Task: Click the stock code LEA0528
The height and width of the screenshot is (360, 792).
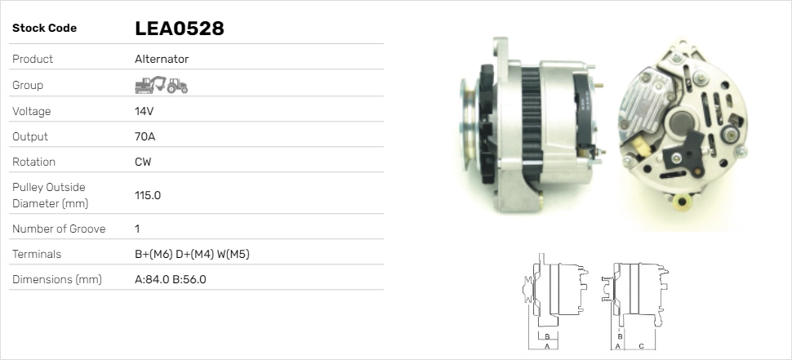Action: [x=180, y=29]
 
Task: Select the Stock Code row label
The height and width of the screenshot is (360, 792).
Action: [x=44, y=29]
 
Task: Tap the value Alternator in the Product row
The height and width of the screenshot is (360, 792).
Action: [x=162, y=59]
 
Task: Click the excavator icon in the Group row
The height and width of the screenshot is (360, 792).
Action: [x=150, y=85]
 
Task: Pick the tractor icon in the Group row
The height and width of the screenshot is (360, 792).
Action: [x=177, y=86]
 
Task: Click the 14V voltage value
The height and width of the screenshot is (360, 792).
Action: [x=144, y=111]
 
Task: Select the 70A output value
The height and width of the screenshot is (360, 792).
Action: [x=145, y=137]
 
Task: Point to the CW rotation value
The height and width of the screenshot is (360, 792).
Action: [x=143, y=162]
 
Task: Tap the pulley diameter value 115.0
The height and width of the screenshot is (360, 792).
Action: [x=148, y=195]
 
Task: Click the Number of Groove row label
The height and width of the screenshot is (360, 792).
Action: [x=59, y=229]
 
